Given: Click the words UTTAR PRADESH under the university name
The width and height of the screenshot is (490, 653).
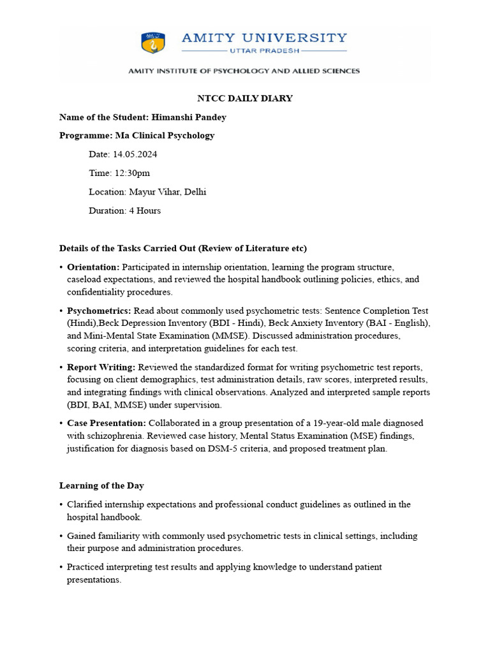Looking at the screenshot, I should (x=264, y=50).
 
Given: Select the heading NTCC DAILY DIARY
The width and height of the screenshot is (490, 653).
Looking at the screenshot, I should (x=244, y=98).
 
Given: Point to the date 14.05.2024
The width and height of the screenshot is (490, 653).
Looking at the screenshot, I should (x=135, y=154).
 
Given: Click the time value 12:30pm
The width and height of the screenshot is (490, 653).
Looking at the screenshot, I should (x=132, y=173).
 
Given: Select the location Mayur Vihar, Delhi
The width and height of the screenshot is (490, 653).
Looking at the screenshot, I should (x=167, y=191).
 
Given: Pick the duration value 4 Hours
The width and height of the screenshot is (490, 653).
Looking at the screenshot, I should (x=145, y=210).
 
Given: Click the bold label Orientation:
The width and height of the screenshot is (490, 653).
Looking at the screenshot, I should (x=93, y=267).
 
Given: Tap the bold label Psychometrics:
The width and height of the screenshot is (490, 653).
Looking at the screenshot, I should (x=99, y=311).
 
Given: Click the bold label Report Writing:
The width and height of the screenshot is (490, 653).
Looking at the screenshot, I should (x=101, y=367).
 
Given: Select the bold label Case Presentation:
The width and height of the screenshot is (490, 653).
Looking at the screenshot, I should (x=107, y=423).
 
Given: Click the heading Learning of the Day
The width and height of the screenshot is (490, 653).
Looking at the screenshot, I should (x=101, y=486).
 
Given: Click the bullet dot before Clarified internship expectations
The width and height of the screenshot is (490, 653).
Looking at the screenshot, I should (x=61, y=504).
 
